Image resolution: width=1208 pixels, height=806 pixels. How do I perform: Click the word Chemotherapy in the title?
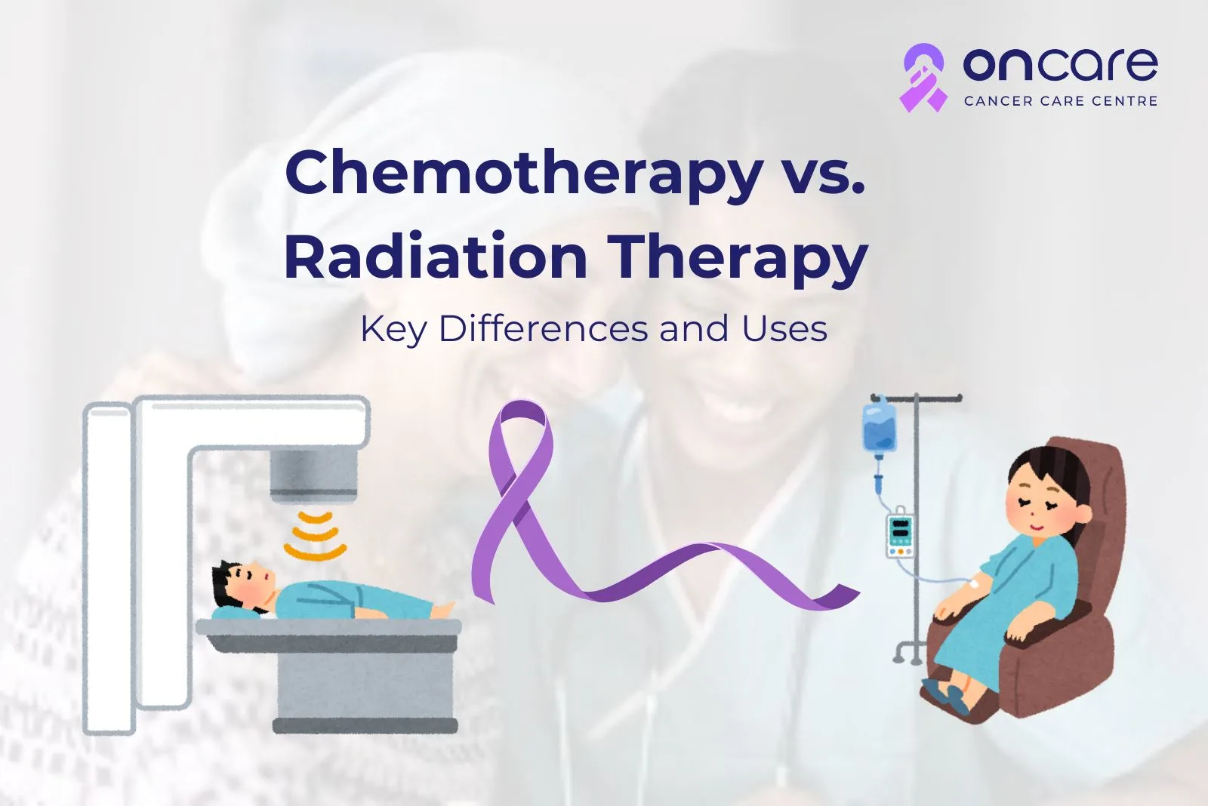coord(524,174)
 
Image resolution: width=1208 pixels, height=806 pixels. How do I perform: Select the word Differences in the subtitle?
coord(544,328)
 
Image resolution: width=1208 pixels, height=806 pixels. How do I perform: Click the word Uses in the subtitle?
coord(784,329)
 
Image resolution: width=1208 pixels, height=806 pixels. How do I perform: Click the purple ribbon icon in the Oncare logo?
coord(923,78)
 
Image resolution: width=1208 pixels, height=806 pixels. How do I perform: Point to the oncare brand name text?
coord(1060,65)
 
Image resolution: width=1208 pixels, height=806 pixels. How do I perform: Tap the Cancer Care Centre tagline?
coord(1060,101)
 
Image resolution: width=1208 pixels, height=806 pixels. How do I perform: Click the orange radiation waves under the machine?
coord(316,536)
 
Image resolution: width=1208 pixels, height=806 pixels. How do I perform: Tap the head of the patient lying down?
coord(242,585)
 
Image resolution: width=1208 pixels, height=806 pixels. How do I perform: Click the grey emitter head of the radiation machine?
coord(314,475)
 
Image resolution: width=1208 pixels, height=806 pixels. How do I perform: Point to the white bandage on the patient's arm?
coord(975,583)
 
